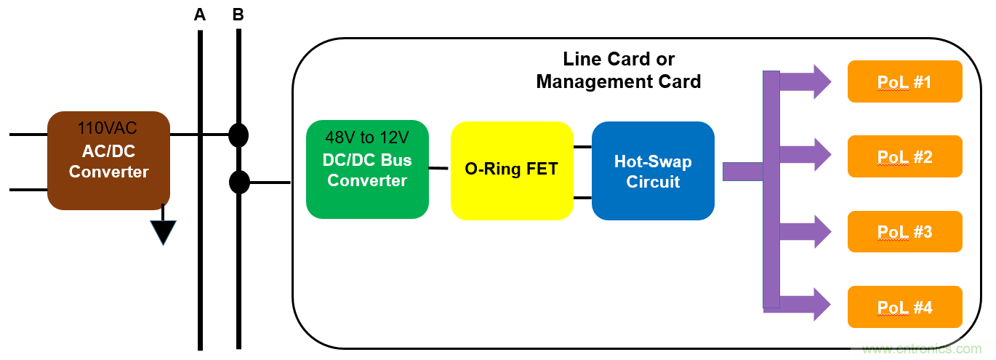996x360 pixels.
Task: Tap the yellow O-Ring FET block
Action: coord(512,170)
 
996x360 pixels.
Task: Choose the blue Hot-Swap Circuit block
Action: coord(653,171)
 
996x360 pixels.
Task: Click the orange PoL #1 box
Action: coord(904,81)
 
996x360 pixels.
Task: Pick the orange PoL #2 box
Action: coord(904,156)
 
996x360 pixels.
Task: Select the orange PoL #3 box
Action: coord(904,231)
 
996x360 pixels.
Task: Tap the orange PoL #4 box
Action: coord(904,306)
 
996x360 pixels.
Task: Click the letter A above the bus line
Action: coord(200,15)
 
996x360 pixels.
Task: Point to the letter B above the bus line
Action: coord(238,15)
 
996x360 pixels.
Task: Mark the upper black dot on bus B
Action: coord(238,135)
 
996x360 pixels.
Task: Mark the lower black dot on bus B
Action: coord(239,182)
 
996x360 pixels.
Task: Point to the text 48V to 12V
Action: coord(367,137)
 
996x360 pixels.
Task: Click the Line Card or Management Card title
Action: coord(619,70)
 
